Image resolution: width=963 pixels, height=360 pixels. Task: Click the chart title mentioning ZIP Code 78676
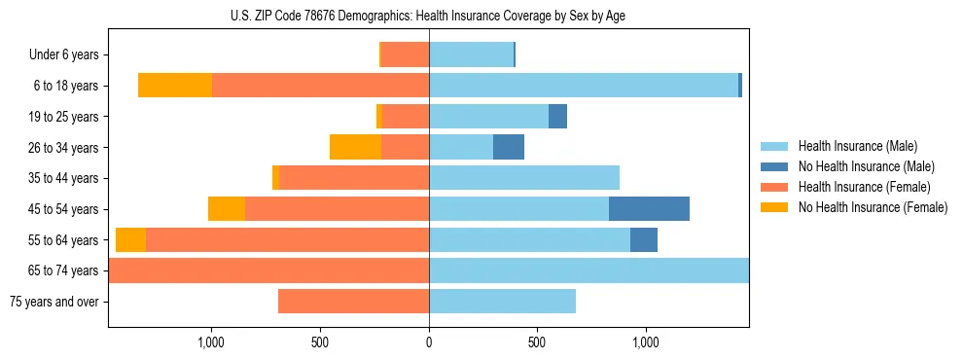[x=429, y=16]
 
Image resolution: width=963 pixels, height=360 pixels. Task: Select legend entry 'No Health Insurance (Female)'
[x=873, y=207]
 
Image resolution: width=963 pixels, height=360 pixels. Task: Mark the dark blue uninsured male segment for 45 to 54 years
[x=649, y=209]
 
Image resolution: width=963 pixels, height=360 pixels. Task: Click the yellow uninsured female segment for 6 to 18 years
[x=175, y=86]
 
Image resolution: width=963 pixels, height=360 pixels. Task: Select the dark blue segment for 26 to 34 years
[x=509, y=147]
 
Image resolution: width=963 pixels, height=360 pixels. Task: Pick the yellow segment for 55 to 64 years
[x=130, y=239]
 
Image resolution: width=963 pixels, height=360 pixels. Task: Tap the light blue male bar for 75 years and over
[x=502, y=302]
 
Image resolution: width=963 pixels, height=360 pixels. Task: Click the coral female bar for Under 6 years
[x=406, y=55]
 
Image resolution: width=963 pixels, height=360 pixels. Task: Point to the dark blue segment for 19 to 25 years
[x=557, y=117]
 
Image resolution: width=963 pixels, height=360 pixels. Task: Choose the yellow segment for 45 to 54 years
[x=227, y=209]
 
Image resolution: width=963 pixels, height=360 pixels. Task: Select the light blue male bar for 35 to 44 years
[x=524, y=178]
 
